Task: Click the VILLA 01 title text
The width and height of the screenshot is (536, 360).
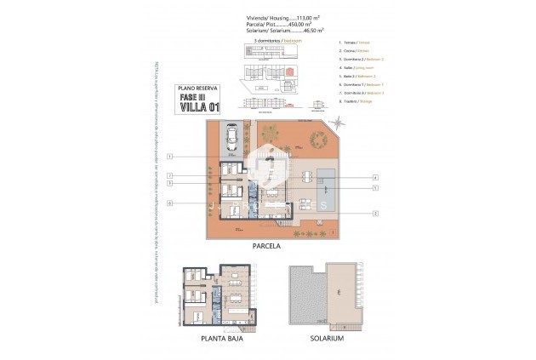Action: pos(197,107)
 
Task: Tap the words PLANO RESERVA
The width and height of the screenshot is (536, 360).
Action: pos(197,88)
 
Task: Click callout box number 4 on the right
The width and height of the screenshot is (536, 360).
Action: pos(374,177)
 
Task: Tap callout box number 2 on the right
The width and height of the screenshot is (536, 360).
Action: pos(374,213)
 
